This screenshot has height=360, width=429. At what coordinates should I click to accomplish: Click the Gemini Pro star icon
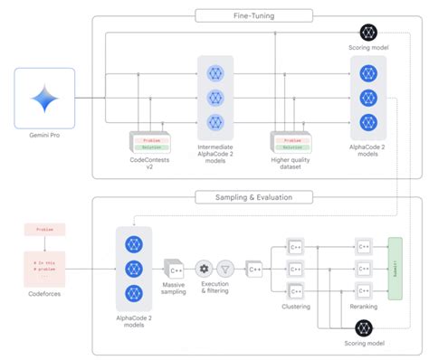point(45,97)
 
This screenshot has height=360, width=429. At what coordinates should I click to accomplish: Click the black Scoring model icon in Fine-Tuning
point(370,33)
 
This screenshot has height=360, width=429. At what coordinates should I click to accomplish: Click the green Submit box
point(395,268)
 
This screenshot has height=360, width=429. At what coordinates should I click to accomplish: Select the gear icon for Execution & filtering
point(205,269)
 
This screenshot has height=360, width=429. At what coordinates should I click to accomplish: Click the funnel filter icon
point(227,269)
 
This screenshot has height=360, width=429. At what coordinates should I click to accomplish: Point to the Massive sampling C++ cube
point(174,269)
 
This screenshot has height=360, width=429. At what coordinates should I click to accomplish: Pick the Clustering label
point(298,307)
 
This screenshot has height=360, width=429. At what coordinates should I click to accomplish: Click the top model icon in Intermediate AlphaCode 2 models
point(215,72)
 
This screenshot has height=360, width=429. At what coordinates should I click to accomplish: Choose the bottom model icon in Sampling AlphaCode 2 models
point(134,293)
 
